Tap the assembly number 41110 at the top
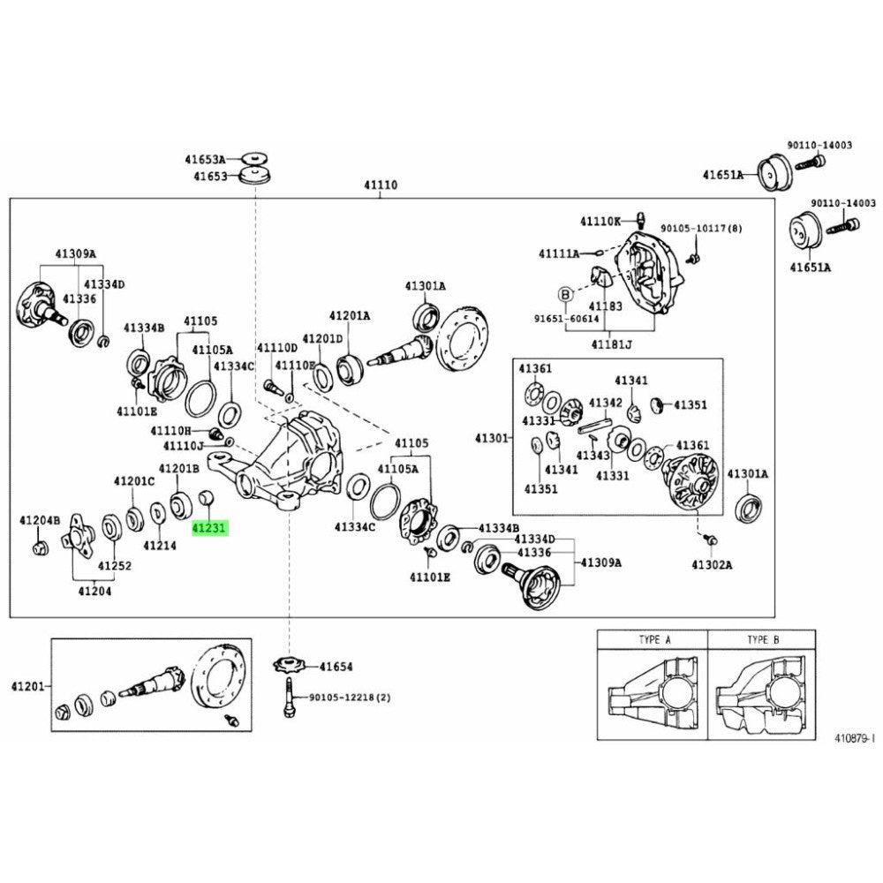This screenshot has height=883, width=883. point(381,185)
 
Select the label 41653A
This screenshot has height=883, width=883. point(205,160)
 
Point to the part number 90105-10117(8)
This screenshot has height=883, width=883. point(703,228)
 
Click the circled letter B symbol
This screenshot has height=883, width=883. point(566,292)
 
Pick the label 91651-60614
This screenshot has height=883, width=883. point(565,319)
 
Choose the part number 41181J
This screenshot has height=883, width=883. point(612,343)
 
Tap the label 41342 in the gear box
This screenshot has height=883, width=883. point(606,402)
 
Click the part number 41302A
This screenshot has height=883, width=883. point(713,563)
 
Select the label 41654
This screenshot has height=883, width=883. point(336,667)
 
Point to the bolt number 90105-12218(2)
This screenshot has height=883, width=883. point(349,698)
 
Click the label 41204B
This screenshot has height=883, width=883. point(40,521)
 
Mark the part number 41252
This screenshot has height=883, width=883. point(115,564)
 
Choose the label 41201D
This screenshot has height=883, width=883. point(321,338)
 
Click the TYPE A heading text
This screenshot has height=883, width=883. point(654,638)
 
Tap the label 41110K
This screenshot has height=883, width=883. point(601,221)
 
